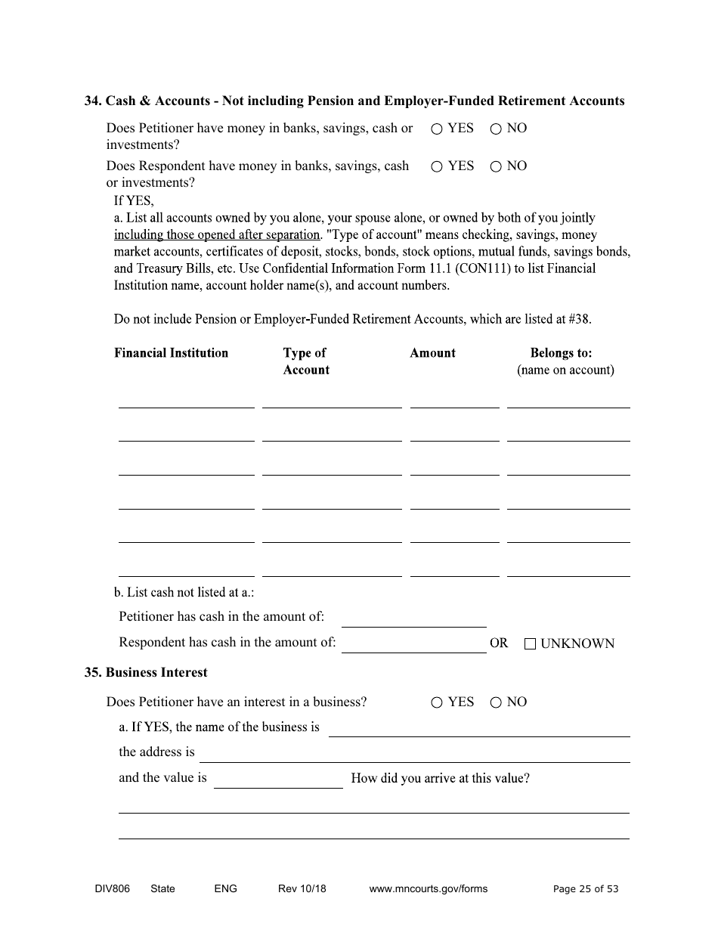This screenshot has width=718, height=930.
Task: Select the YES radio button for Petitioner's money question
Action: (x=437, y=129)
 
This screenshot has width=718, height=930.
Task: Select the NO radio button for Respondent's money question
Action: (x=496, y=167)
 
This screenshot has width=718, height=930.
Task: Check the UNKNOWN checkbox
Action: (x=530, y=644)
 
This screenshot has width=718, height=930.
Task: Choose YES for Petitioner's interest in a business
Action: (x=437, y=703)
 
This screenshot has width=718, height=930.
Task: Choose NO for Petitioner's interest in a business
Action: (x=496, y=703)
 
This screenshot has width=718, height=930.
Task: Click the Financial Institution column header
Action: (x=171, y=353)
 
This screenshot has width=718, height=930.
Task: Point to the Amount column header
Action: (x=432, y=353)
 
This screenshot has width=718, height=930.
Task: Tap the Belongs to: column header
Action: (x=561, y=353)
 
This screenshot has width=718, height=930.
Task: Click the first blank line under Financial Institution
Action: (x=186, y=401)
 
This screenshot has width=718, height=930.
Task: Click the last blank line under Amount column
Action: (x=454, y=569)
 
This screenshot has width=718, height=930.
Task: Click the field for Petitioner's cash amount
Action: (x=413, y=619)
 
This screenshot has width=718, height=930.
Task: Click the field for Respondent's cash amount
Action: (x=413, y=645)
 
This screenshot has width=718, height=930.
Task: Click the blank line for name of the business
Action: (x=478, y=729)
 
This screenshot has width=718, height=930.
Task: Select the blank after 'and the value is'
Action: (x=278, y=780)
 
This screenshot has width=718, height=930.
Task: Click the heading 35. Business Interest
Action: (x=146, y=673)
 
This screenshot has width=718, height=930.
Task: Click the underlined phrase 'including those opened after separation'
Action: (x=217, y=235)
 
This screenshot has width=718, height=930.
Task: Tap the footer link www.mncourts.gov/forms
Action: (x=428, y=889)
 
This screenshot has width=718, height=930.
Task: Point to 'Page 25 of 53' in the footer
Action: (x=585, y=889)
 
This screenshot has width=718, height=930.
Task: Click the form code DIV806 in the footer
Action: (x=107, y=889)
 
